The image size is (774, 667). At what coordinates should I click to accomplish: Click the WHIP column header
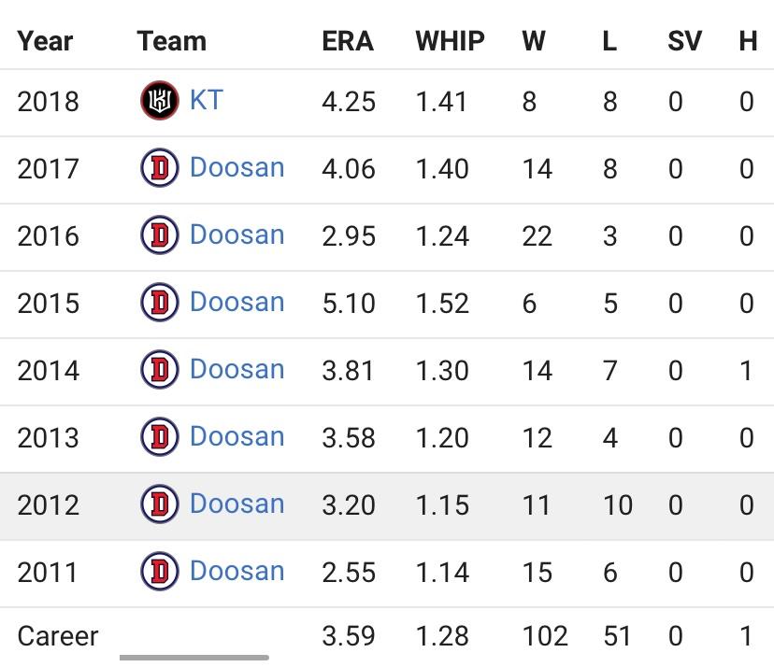click(x=450, y=41)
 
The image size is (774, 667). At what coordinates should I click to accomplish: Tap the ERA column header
click(x=347, y=41)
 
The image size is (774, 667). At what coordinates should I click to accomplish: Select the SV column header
click(x=684, y=41)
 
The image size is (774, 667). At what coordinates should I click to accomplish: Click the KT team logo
click(x=159, y=101)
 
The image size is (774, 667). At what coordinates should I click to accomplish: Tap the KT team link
click(x=206, y=100)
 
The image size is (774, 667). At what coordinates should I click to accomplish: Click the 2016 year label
click(x=48, y=236)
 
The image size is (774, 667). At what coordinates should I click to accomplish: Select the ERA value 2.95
click(x=349, y=236)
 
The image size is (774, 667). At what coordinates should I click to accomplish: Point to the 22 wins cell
click(x=537, y=236)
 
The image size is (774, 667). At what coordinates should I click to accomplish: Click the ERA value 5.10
click(x=349, y=304)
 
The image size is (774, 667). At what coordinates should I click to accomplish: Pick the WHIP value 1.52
click(x=442, y=304)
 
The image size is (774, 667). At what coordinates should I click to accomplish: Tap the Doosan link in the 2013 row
click(x=236, y=436)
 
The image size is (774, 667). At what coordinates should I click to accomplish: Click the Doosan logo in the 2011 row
click(x=159, y=572)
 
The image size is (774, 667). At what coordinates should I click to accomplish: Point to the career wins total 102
click(x=545, y=636)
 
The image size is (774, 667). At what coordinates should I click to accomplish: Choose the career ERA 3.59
click(x=349, y=636)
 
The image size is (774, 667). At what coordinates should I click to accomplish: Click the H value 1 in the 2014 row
click(x=746, y=371)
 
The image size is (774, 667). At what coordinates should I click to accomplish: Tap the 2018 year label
click(x=48, y=101)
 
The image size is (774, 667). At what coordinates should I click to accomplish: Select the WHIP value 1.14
click(x=442, y=572)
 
